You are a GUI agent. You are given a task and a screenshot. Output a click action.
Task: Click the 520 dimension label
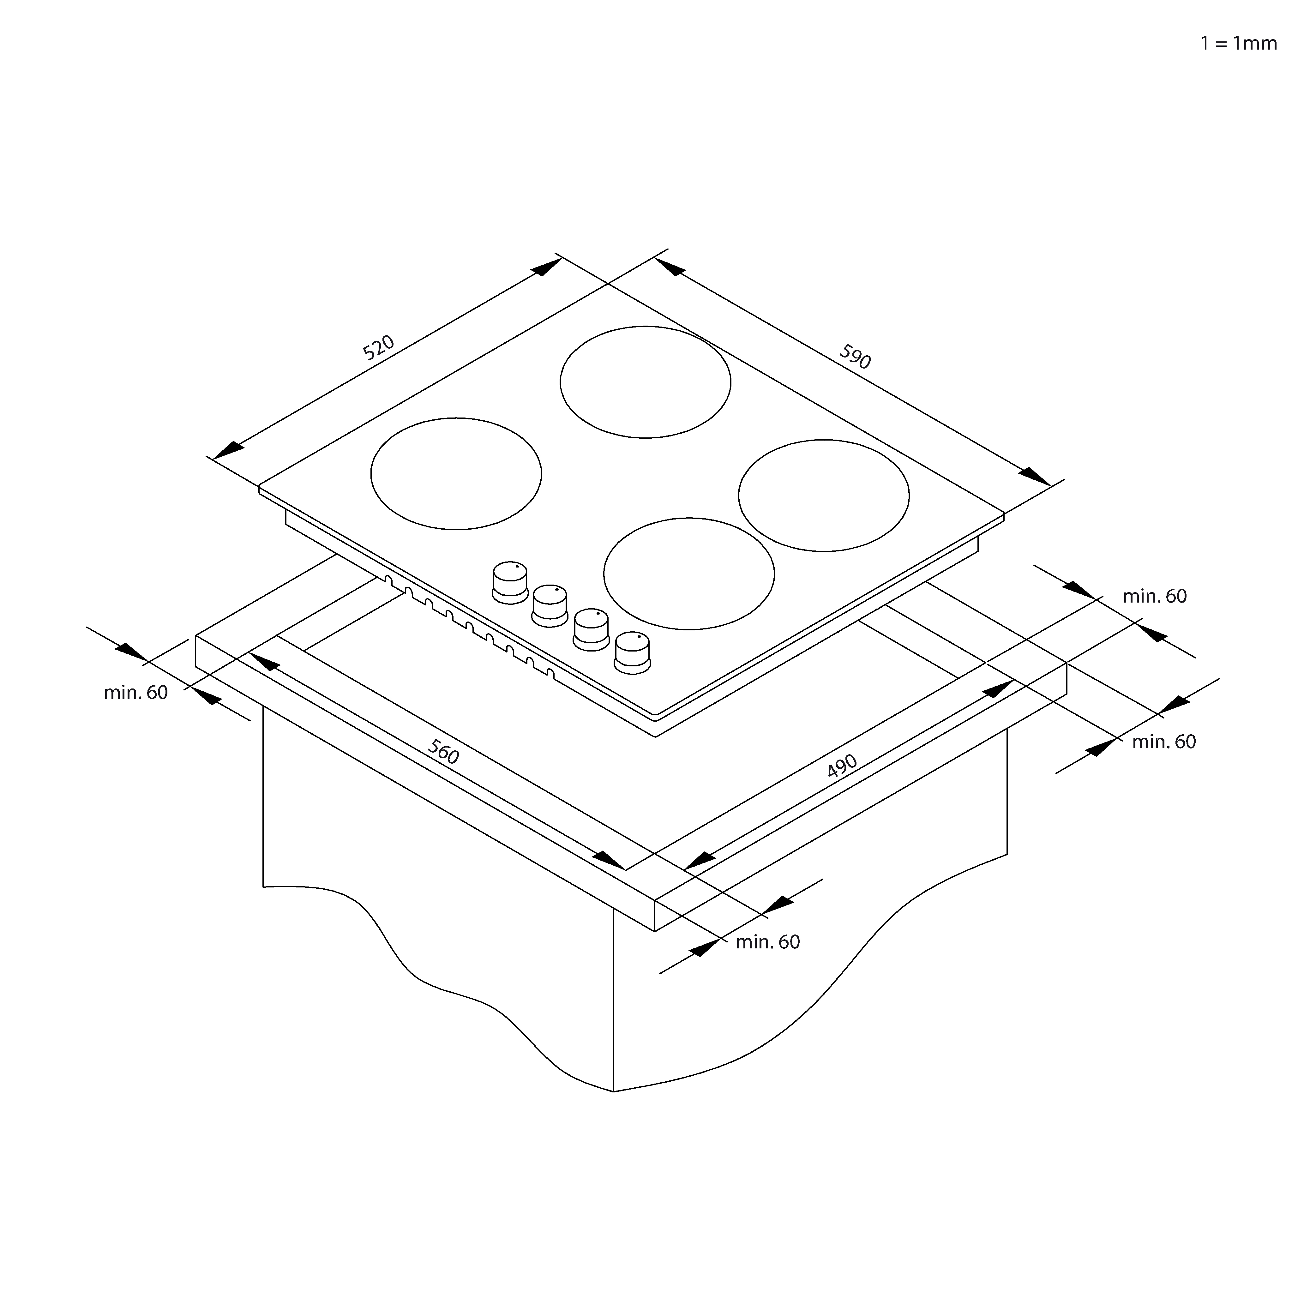coord(378,347)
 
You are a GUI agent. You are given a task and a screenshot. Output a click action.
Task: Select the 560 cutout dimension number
coord(443,752)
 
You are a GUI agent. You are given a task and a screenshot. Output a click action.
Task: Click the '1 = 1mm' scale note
coord(1238,44)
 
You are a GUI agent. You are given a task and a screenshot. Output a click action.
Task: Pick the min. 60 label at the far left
coord(135,693)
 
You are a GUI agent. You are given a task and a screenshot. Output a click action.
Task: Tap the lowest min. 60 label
coord(768,942)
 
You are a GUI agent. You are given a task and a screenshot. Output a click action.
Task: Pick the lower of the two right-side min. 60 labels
coord(1164,742)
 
